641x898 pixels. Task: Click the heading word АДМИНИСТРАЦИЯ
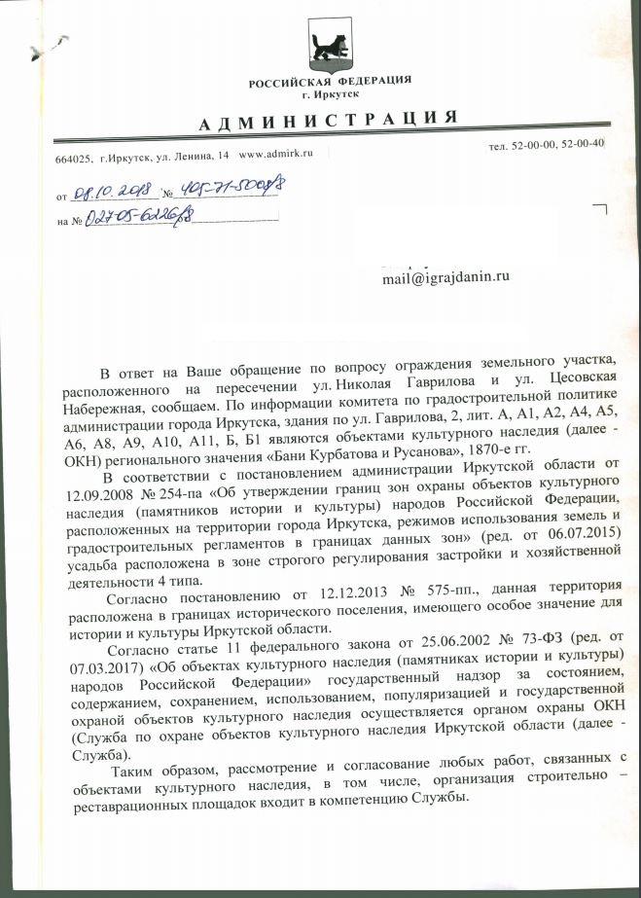click(x=328, y=121)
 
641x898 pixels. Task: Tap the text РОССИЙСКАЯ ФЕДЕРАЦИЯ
click(x=330, y=80)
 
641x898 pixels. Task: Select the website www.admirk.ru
click(x=283, y=156)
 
